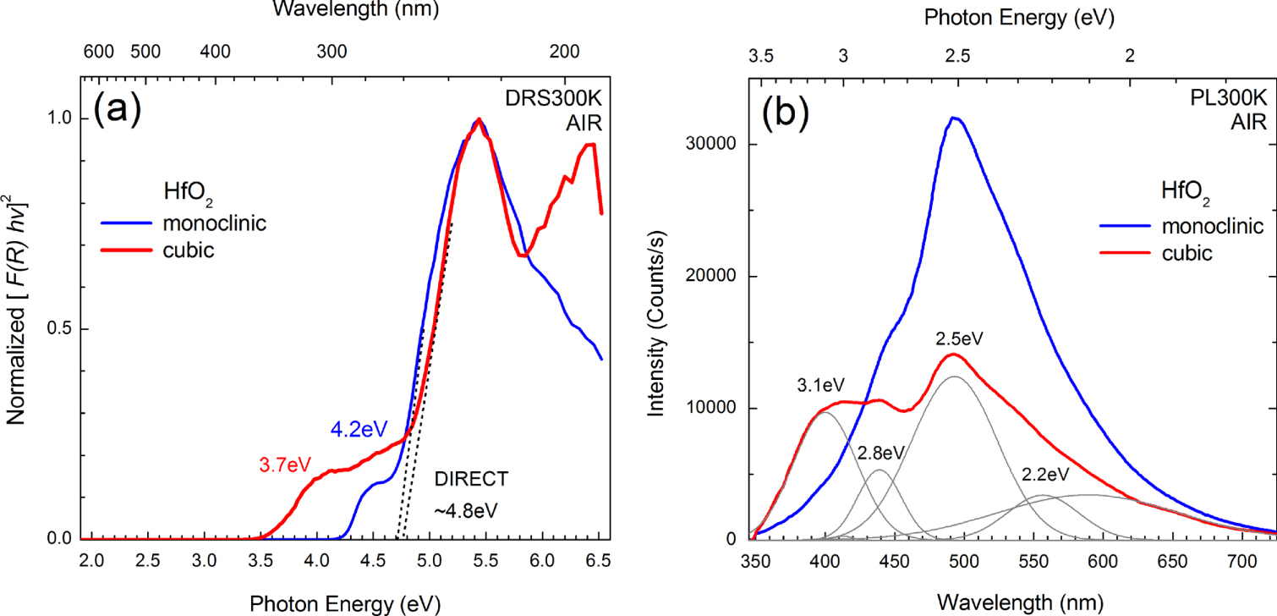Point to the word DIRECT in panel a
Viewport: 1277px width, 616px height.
(472, 479)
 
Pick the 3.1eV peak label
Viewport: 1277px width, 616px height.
(816, 385)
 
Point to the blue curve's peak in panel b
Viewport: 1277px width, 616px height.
(954, 118)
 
